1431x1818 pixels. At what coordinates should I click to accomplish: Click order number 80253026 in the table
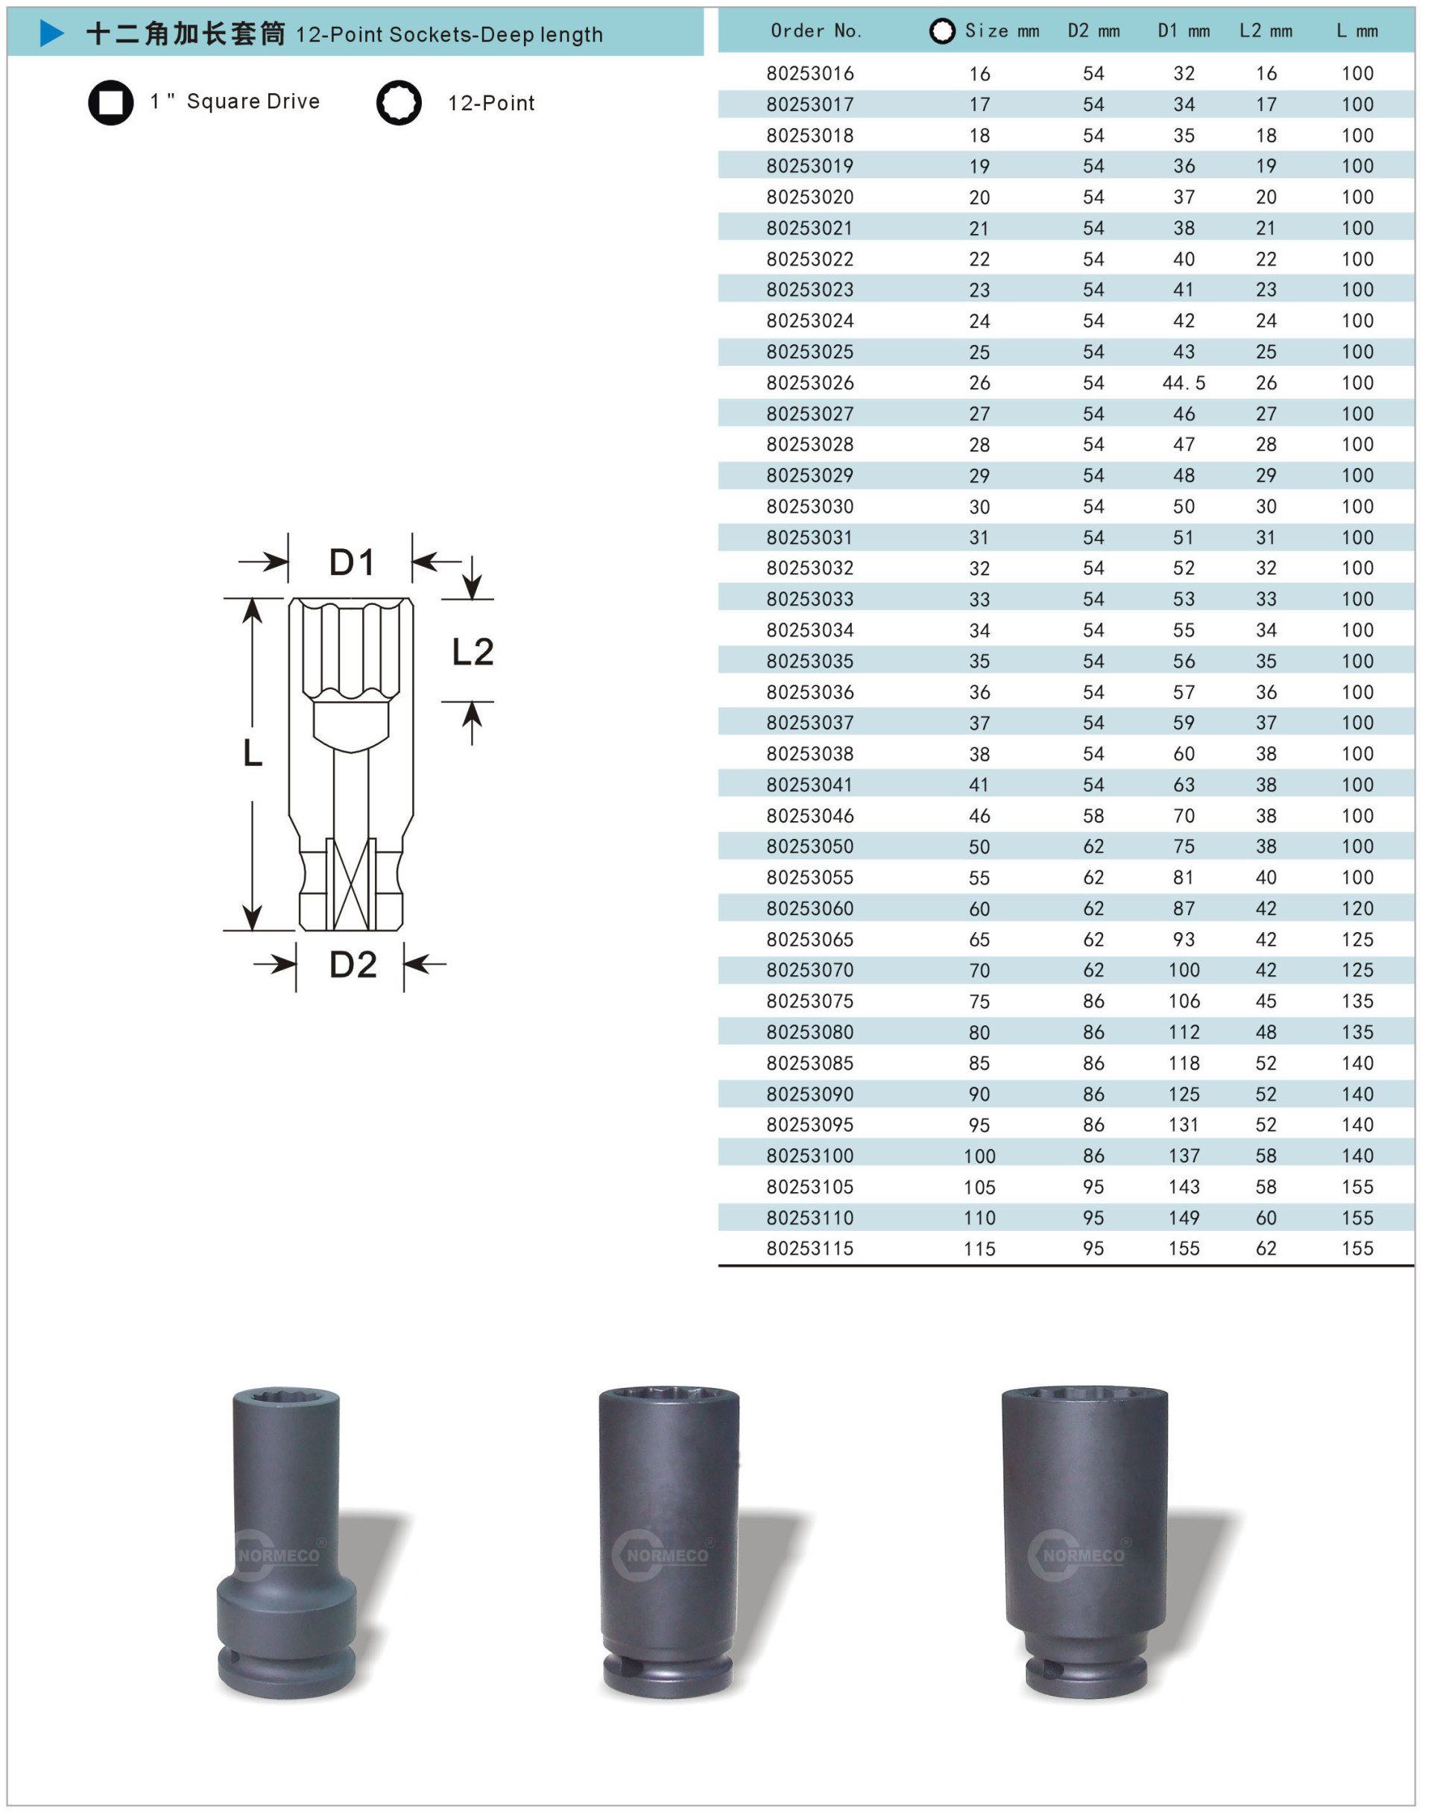tap(810, 383)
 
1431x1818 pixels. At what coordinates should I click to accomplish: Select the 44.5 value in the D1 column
tap(1184, 383)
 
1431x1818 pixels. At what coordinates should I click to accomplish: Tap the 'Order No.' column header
tap(816, 31)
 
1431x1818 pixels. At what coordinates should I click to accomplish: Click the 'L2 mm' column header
tap(1266, 31)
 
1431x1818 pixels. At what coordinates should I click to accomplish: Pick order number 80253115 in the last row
tap(810, 1249)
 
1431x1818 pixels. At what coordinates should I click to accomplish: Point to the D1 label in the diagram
tap(352, 562)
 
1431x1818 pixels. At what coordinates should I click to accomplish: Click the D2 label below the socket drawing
tap(353, 965)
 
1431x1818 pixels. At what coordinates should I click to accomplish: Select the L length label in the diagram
tap(252, 754)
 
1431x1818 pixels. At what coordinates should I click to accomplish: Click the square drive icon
tap(110, 102)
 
